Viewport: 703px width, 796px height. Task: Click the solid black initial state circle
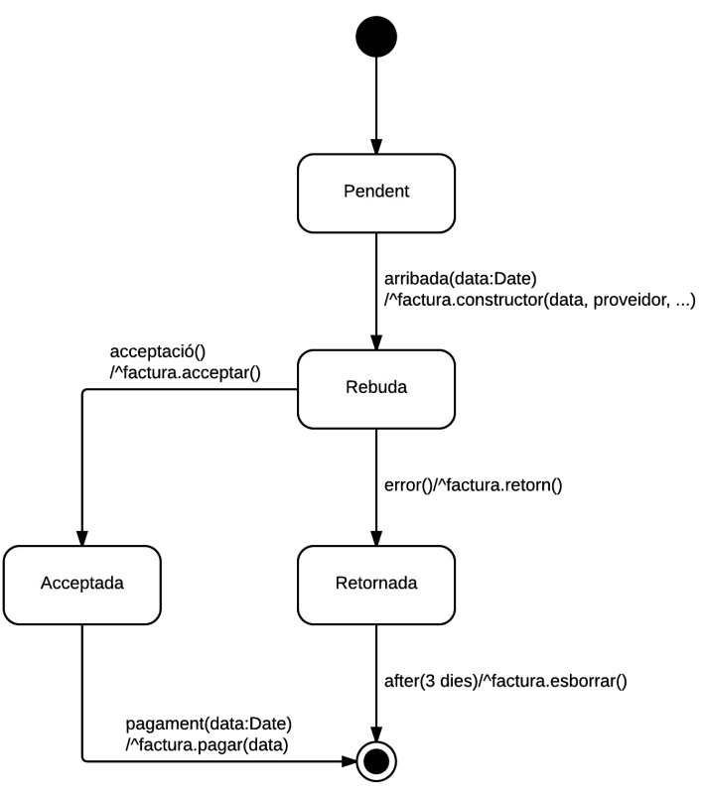(376, 37)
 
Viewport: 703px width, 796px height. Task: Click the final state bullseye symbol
(376, 761)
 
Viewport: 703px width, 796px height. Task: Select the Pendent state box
(376, 194)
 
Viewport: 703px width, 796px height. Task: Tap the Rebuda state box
(376, 389)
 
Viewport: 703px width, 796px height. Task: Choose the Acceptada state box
(82, 586)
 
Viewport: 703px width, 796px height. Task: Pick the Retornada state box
(376, 586)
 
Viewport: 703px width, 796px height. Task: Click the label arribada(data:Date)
(460, 279)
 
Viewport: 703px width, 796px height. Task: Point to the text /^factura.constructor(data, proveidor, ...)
(539, 300)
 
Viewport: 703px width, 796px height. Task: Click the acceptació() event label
(158, 351)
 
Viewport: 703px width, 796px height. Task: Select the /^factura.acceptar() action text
(185, 372)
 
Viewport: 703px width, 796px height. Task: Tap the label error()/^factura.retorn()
(473, 485)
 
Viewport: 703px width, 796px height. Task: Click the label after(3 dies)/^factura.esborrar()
(505, 681)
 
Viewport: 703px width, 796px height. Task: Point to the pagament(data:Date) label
(209, 724)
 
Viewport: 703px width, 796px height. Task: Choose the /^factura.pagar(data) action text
(207, 744)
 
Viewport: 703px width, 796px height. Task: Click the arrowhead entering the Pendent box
(376, 146)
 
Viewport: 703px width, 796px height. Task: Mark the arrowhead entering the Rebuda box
(376, 342)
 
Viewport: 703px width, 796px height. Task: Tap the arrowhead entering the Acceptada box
(82, 538)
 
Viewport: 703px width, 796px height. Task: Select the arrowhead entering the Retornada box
(376, 538)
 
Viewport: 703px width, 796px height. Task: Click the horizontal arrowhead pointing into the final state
(349, 761)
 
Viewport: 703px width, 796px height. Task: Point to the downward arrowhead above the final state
(376, 734)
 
